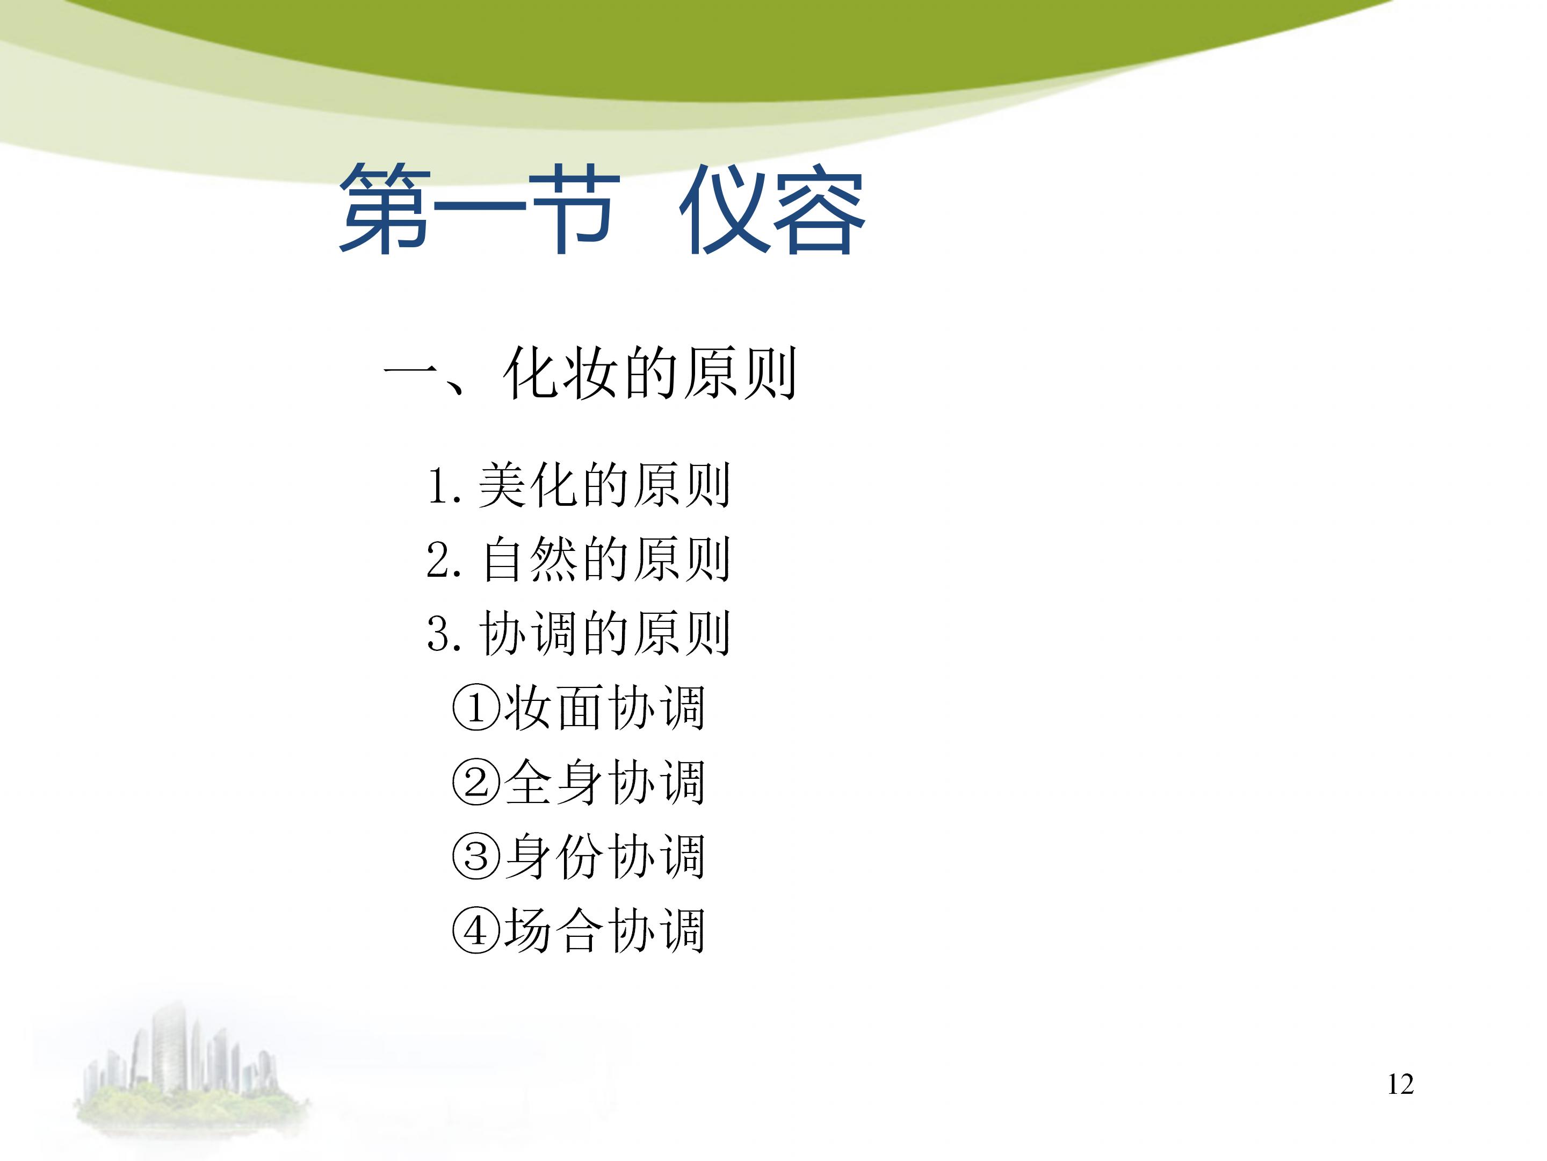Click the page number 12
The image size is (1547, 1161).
(x=1400, y=1084)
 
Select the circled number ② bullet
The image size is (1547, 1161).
(x=476, y=783)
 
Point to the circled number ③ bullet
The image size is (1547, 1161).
(x=476, y=857)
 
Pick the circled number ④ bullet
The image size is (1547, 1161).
(x=476, y=931)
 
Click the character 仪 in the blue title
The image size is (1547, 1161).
(x=722, y=210)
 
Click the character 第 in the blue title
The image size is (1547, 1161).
(x=385, y=210)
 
